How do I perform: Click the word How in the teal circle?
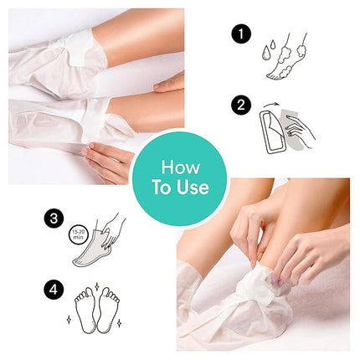pyautogui.click(x=179, y=168)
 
